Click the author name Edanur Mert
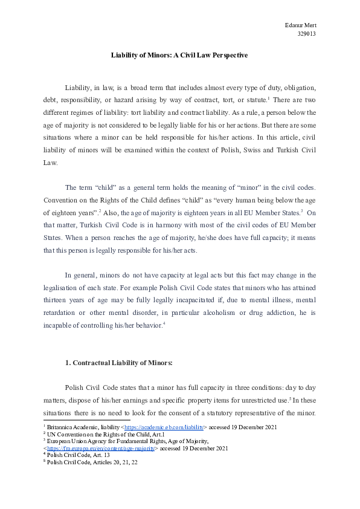click(x=300, y=25)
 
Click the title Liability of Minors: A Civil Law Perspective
click(x=179, y=55)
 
